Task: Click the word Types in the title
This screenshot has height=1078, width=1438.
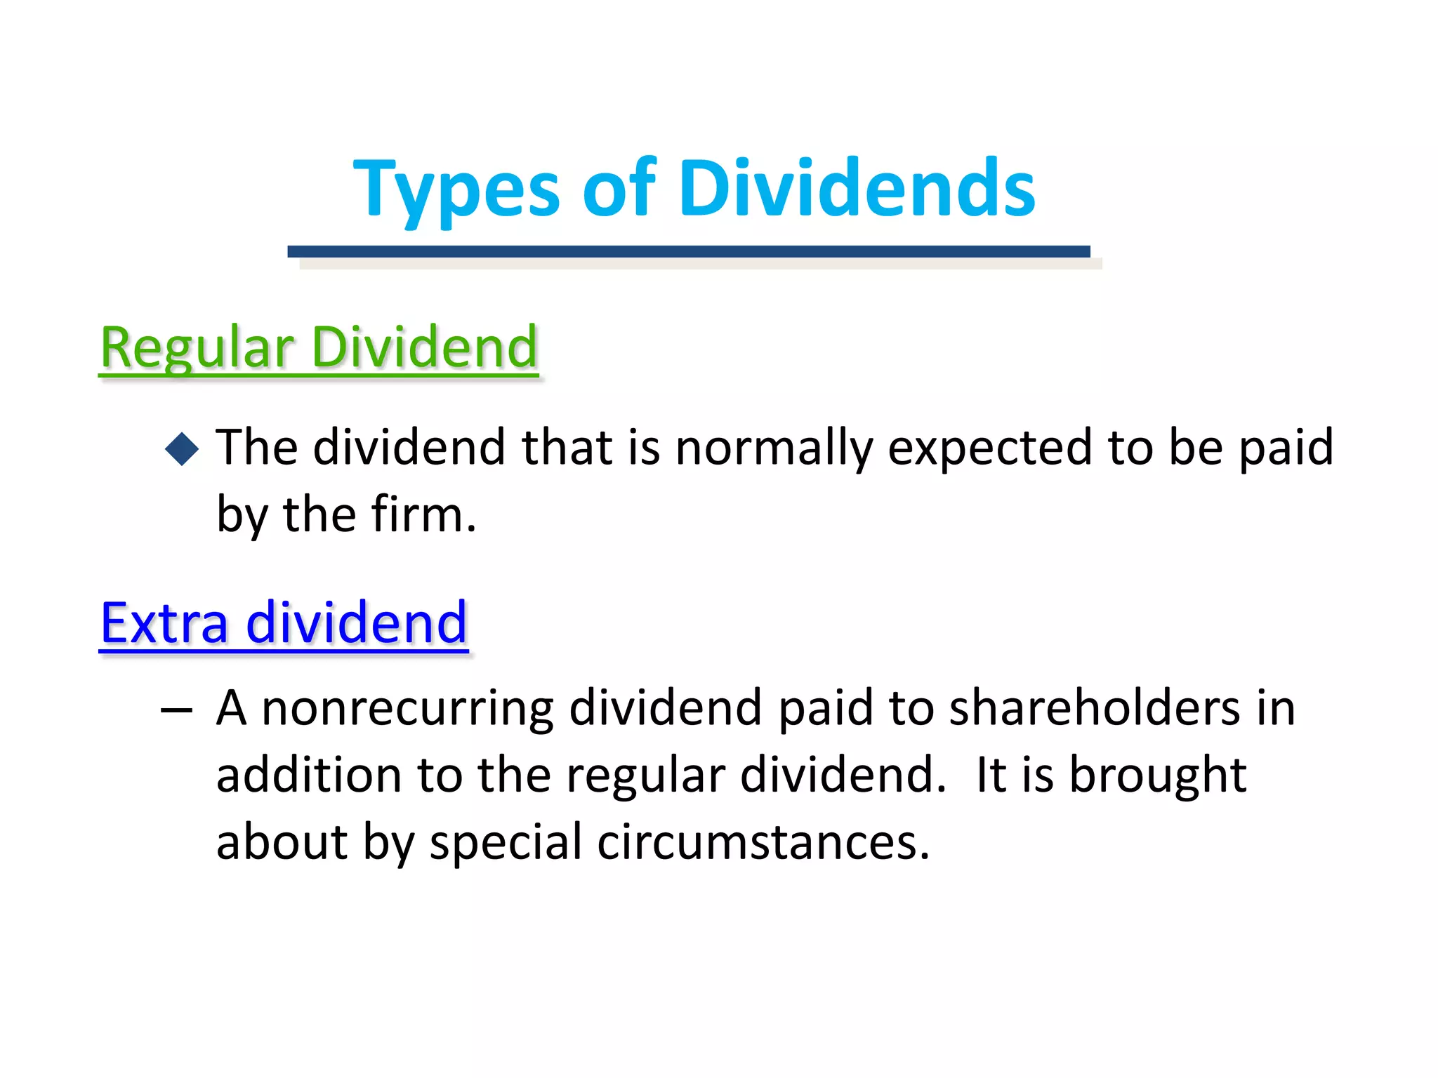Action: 456,189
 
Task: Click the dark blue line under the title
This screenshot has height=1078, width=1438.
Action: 688,251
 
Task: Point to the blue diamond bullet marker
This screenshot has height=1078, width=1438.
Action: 182,448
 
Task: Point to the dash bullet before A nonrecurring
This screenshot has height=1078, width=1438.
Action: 176,710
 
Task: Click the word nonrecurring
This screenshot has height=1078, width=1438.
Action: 407,709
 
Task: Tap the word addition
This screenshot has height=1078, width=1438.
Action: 310,776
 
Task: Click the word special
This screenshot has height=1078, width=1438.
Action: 506,842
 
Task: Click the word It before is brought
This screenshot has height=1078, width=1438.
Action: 991,776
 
